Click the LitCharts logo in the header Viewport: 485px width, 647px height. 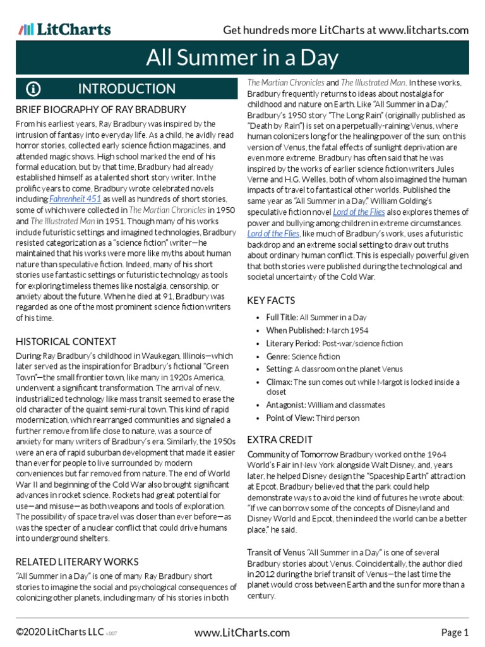[x=65, y=29]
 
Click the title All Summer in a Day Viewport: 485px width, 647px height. [x=242, y=59]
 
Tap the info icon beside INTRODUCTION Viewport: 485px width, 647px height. [x=33, y=89]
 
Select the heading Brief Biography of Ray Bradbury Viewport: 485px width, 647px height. [x=100, y=110]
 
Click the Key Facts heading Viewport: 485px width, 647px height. [x=272, y=301]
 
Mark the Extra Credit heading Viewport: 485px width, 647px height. [x=280, y=439]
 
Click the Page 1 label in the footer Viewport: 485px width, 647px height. [x=455, y=632]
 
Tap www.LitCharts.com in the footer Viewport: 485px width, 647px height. [x=242, y=632]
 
